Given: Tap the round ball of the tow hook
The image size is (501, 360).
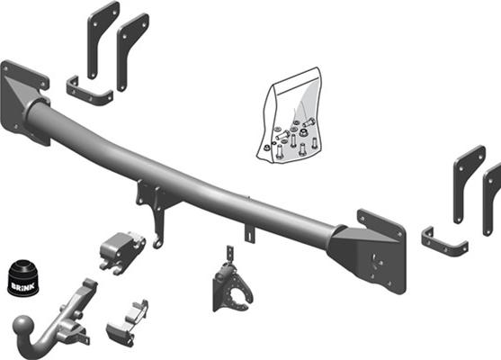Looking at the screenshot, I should [24, 327].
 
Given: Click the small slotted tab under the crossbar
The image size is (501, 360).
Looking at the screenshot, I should [250, 232].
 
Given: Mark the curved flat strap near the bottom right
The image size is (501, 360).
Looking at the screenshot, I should [443, 244].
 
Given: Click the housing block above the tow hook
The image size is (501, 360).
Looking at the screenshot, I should [121, 249].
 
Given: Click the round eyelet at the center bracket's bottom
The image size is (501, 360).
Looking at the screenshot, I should [158, 241].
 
